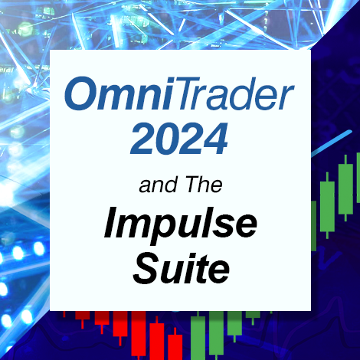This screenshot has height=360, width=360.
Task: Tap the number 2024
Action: (x=179, y=139)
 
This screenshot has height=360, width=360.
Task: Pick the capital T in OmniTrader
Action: (x=190, y=93)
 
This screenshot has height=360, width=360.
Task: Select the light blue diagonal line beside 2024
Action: (x=332, y=143)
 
